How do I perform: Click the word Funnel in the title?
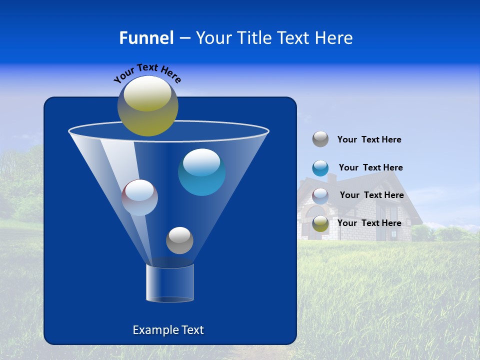click(x=146, y=38)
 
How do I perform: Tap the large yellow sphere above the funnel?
click(x=147, y=105)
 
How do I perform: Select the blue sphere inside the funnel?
click(x=201, y=172)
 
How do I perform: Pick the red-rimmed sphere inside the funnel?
click(x=139, y=197)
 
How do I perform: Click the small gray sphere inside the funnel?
click(x=179, y=240)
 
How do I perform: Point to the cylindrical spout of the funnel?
click(x=169, y=283)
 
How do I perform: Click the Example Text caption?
click(x=168, y=330)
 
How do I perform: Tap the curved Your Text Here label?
click(x=147, y=73)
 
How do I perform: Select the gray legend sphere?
click(x=320, y=139)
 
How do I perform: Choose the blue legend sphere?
click(x=320, y=168)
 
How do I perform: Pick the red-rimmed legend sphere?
click(x=320, y=196)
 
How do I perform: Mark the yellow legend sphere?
click(x=320, y=223)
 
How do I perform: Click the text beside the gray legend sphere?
click(x=369, y=140)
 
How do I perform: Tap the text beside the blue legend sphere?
click(x=370, y=168)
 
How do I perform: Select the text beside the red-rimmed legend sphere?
click(x=371, y=195)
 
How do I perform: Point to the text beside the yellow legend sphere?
click(x=369, y=223)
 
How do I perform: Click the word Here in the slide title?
click(x=335, y=38)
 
